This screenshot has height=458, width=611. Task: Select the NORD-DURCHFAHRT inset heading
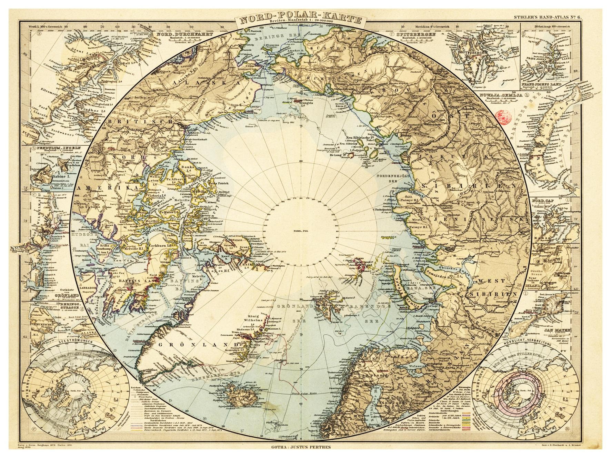point(184,34)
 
